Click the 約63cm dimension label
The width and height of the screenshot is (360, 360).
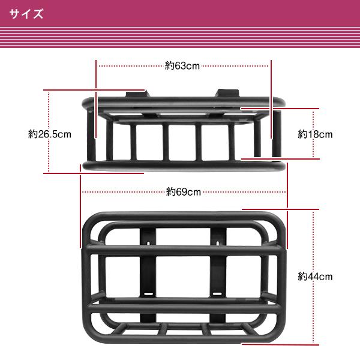[x=182, y=66]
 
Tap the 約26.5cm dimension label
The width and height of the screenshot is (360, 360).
[x=50, y=134]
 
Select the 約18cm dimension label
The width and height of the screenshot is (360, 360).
[x=315, y=134]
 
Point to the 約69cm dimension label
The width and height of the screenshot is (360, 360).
[x=184, y=192]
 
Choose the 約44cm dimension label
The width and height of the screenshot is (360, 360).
[x=315, y=277]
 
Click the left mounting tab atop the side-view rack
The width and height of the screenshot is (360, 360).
[x=136, y=94]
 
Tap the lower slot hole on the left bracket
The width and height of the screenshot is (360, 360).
[x=147, y=293]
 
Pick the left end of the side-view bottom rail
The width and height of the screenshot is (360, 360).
[x=85, y=165]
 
